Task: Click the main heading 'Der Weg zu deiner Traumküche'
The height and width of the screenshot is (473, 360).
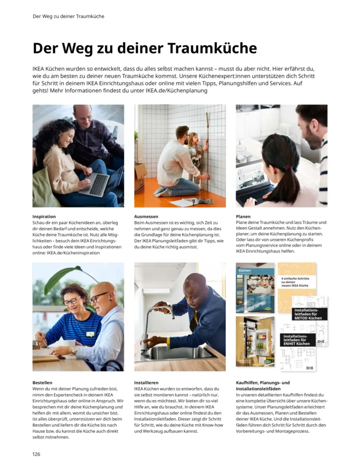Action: [x=144, y=48]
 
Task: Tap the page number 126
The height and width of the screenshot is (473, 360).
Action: [x=36, y=454]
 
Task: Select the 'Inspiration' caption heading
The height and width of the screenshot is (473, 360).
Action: [x=44, y=216]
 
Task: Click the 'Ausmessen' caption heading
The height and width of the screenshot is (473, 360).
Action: [x=146, y=216]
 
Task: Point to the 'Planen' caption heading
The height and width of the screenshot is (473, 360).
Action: [x=243, y=216]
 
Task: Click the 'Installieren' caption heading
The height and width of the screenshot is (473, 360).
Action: [x=146, y=383]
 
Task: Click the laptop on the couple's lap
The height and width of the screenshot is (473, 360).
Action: [x=95, y=183]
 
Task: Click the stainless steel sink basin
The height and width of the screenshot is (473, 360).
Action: [x=180, y=352]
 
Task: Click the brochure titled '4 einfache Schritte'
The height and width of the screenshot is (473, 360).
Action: [x=297, y=282]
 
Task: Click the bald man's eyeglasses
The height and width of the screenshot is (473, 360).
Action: [x=99, y=297]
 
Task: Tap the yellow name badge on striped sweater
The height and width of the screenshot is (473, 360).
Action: [x=91, y=334]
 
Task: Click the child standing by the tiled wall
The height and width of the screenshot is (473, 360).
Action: [x=196, y=155]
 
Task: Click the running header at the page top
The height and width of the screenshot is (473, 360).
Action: [x=68, y=16]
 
